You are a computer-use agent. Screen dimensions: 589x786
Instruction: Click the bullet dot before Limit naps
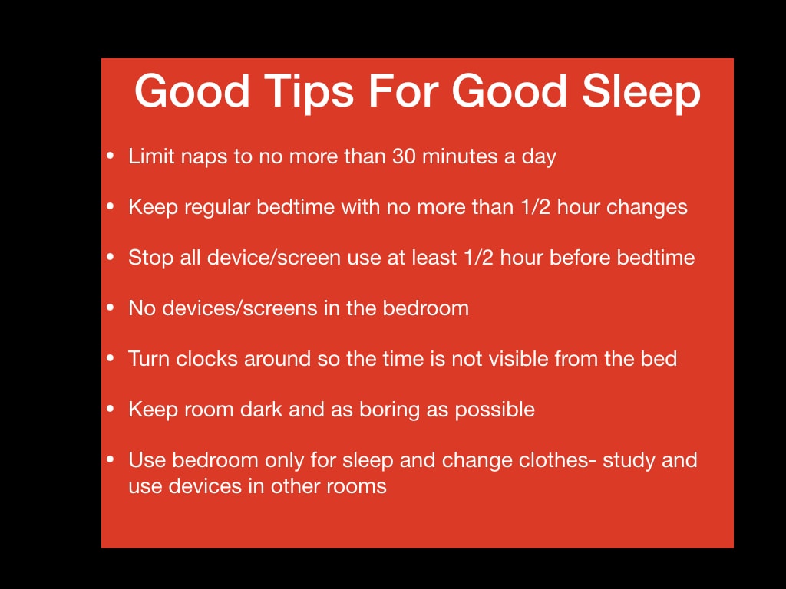pyautogui.click(x=111, y=156)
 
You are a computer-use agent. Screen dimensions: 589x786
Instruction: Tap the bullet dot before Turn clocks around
pyautogui.click(x=111, y=359)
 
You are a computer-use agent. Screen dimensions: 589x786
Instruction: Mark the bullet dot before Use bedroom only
pyautogui.click(x=111, y=460)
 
